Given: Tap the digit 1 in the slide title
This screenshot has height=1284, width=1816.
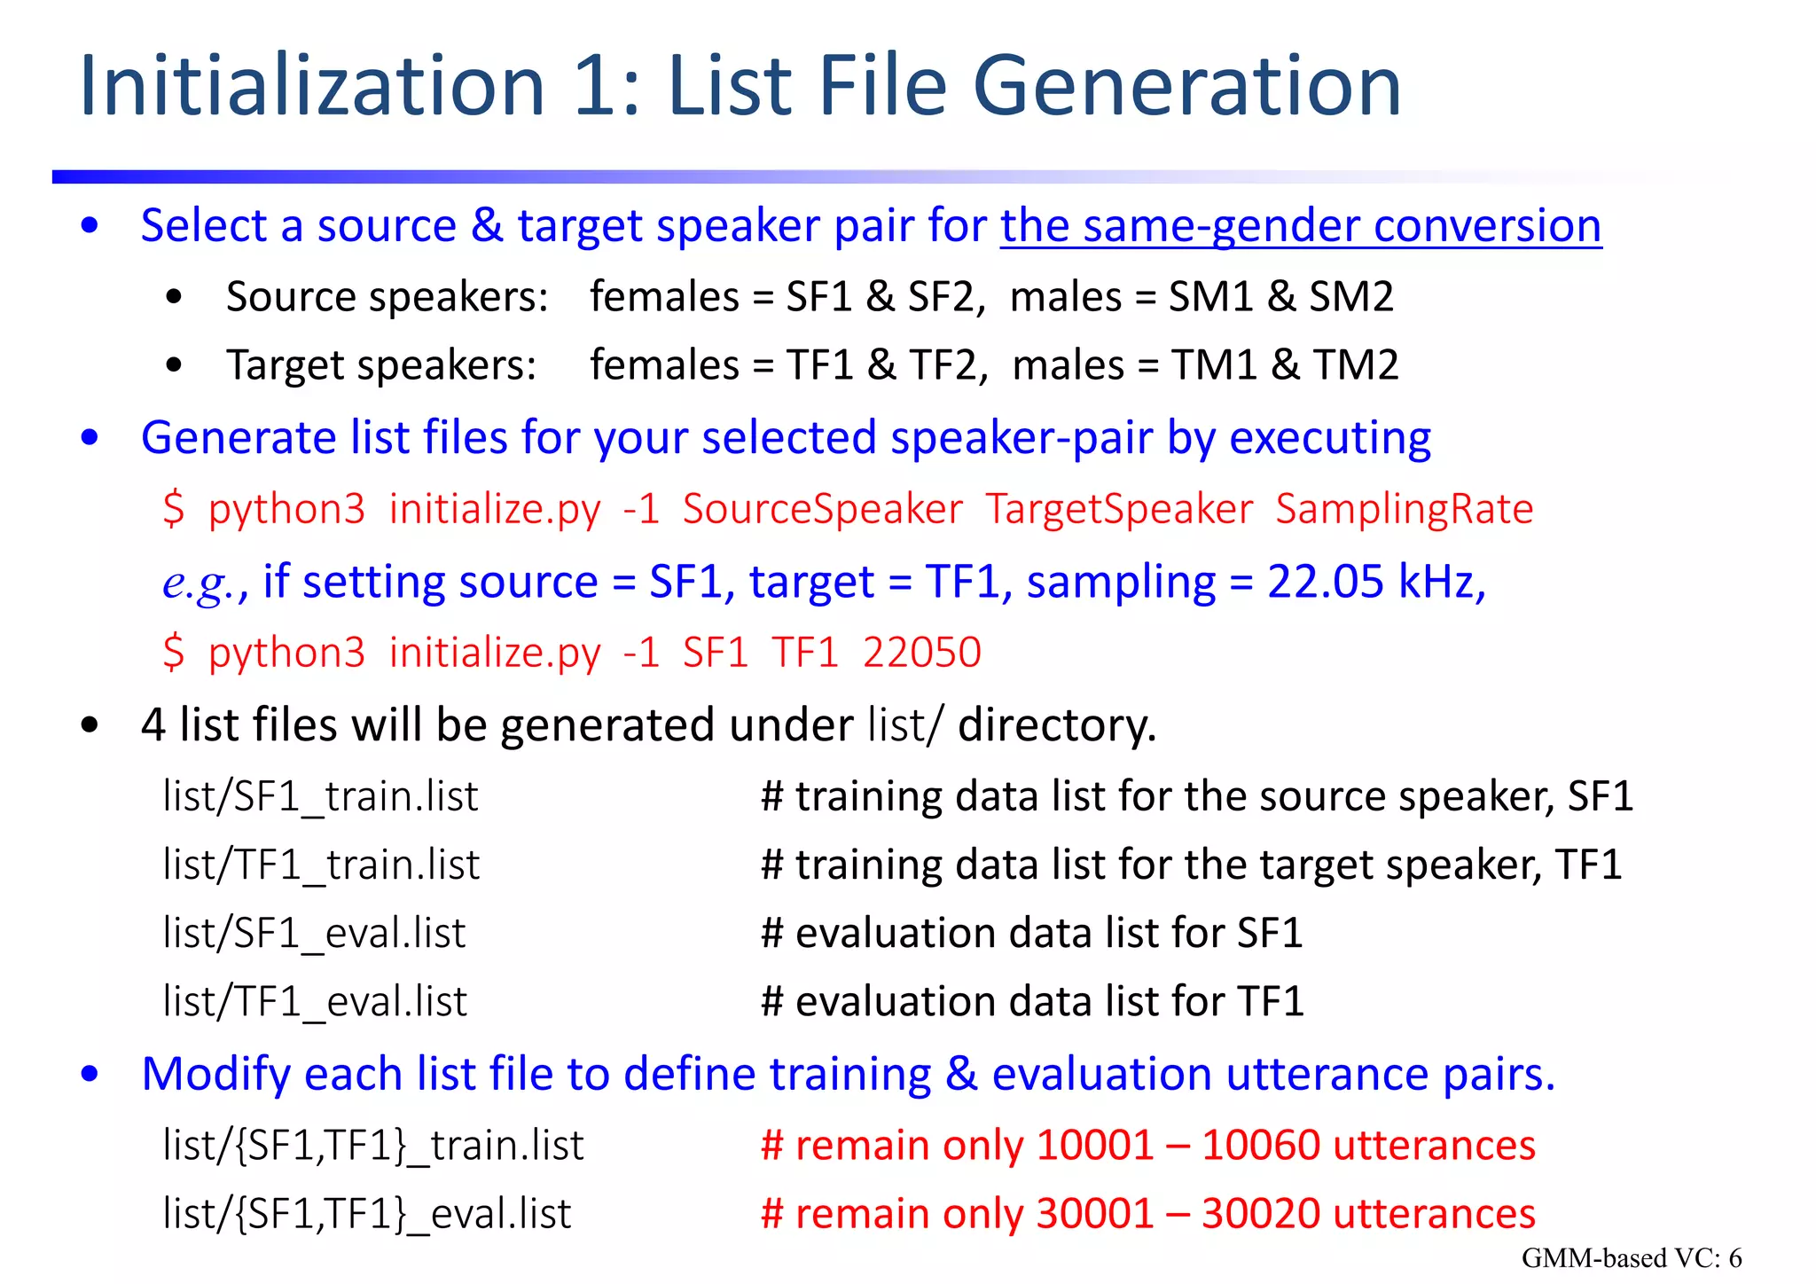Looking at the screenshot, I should (x=596, y=87).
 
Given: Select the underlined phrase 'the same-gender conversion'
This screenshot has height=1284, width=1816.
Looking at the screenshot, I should (x=1301, y=226).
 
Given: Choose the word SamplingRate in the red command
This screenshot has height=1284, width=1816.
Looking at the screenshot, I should (x=1404, y=510).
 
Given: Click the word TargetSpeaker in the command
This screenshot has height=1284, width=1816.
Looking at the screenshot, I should (x=1119, y=510).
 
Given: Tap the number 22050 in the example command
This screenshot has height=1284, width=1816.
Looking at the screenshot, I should (x=922, y=654).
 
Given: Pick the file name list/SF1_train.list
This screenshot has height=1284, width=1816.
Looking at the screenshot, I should (x=320, y=796).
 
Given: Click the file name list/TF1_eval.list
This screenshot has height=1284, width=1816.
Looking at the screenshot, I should (x=315, y=1002).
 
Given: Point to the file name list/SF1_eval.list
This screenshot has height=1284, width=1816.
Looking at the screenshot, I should (x=314, y=934).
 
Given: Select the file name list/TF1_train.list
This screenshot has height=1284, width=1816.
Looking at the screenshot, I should (x=321, y=865).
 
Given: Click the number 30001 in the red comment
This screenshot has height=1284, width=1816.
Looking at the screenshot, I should (x=1094, y=1214).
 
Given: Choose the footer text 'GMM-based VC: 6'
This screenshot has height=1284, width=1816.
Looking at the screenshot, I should (x=1632, y=1258).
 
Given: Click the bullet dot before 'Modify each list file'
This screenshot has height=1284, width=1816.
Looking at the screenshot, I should (x=90, y=1075).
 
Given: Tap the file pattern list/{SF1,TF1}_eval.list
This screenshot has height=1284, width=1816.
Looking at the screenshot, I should (x=367, y=1214).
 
